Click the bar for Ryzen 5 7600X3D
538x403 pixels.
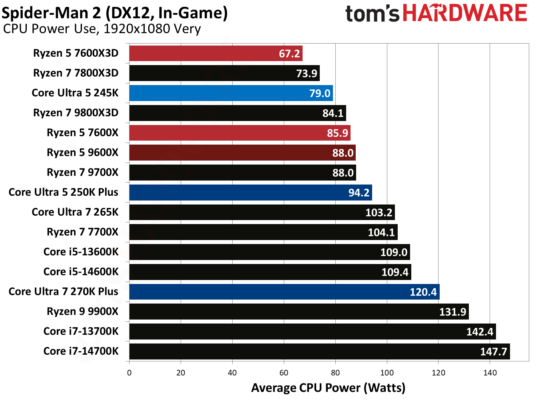pyautogui.click(x=216, y=53)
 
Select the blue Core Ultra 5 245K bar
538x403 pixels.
pyautogui.click(x=231, y=93)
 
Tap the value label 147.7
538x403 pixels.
pyautogui.click(x=493, y=351)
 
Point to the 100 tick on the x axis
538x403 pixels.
pyautogui.click(x=387, y=373)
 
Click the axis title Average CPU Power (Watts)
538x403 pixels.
pyautogui.click(x=328, y=388)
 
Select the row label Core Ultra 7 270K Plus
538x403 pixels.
pyautogui.click(x=64, y=292)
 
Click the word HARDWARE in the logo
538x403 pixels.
pyautogui.click(x=464, y=13)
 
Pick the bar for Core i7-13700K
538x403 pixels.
pyautogui.click(x=312, y=332)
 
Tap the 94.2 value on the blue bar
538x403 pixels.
pyautogui.click(x=359, y=193)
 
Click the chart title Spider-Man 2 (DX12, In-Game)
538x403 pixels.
pyautogui.click(x=115, y=13)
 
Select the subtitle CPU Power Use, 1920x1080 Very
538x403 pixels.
pyautogui.click(x=102, y=29)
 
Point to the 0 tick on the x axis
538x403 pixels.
pyautogui.click(x=129, y=373)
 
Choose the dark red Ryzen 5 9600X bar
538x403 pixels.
pyautogui.click(x=242, y=153)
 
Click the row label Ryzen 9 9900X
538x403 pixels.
pyautogui.click(x=82, y=312)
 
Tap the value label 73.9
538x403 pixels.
pyautogui.click(x=307, y=73)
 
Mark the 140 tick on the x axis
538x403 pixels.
pyautogui.click(x=490, y=373)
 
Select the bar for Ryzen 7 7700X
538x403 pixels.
pyautogui.click(x=263, y=232)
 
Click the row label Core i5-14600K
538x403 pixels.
pyautogui.click(x=81, y=272)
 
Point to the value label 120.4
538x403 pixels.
pyautogui.click(x=423, y=292)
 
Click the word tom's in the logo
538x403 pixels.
pyautogui.click(x=372, y=14)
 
